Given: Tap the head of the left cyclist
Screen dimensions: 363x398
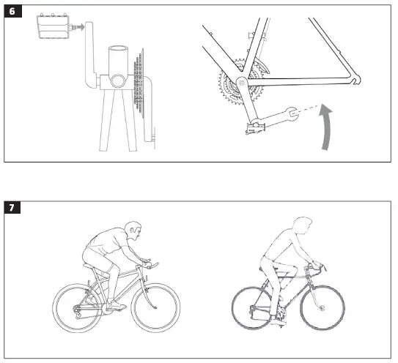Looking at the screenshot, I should click(x=133, y=233).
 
